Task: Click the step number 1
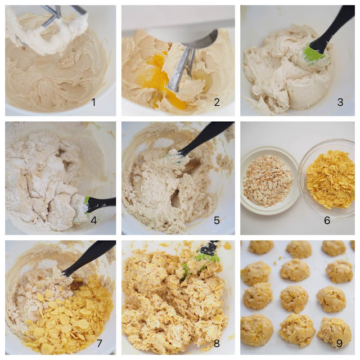click(93, 102)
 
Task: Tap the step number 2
click(217, 102)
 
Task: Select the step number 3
click(340, 102)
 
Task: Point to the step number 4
click(94, 220)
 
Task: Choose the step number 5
click(217, 220)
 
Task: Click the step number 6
click(327, 220)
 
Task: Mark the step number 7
click(99, 344)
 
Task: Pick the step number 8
click(217, 344)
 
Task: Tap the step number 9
click(339, 344)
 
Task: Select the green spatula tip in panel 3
click(313, 54)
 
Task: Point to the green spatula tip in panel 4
click(87, 204)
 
